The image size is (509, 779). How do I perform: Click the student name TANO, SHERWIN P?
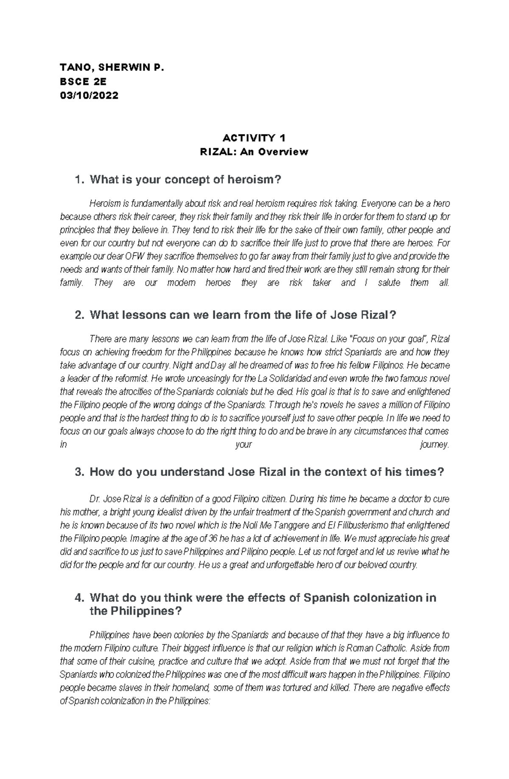click(112, 67)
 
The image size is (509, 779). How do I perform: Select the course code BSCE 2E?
click(83, 81)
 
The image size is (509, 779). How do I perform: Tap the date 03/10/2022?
click(89, 95)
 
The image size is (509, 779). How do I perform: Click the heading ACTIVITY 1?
click(254, 138)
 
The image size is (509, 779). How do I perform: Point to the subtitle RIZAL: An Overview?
click(254, 152)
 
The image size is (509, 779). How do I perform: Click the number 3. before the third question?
click(79, 472)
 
